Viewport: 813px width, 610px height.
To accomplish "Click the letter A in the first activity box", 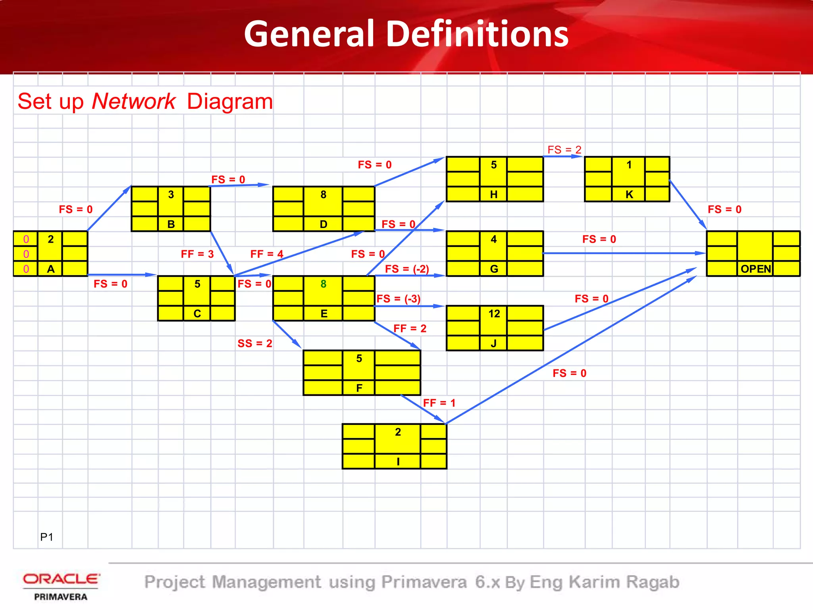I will point(51,269).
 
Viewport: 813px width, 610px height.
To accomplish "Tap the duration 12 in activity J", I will point(494,314).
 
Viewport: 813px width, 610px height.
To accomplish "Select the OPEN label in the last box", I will point(755,269).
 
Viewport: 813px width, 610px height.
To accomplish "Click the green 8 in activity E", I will point(324,284).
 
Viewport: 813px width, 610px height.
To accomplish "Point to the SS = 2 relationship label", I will point(255,344).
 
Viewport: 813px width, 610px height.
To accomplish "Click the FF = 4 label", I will point(267,254).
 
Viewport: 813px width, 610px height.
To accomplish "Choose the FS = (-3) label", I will point(398,299).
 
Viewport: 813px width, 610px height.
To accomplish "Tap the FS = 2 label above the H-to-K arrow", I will point(564,150).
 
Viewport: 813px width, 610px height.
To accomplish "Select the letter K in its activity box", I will point(629,195).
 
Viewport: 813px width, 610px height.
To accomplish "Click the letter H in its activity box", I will point(494,195).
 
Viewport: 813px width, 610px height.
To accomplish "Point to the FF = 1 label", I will point(439,403).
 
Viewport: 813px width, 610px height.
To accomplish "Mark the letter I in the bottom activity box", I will point(398,461).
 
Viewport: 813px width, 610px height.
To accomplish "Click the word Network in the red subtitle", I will point(133,101).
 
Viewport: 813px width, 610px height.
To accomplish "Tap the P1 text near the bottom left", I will point(46,537).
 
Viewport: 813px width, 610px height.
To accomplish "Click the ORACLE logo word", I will point(61,579).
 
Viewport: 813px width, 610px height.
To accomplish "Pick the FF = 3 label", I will point(197,254).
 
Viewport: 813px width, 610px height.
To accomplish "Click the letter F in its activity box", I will point(359,388).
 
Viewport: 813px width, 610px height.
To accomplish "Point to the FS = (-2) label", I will point(407,269).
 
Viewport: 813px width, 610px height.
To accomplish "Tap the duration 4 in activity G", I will point(494,239).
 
